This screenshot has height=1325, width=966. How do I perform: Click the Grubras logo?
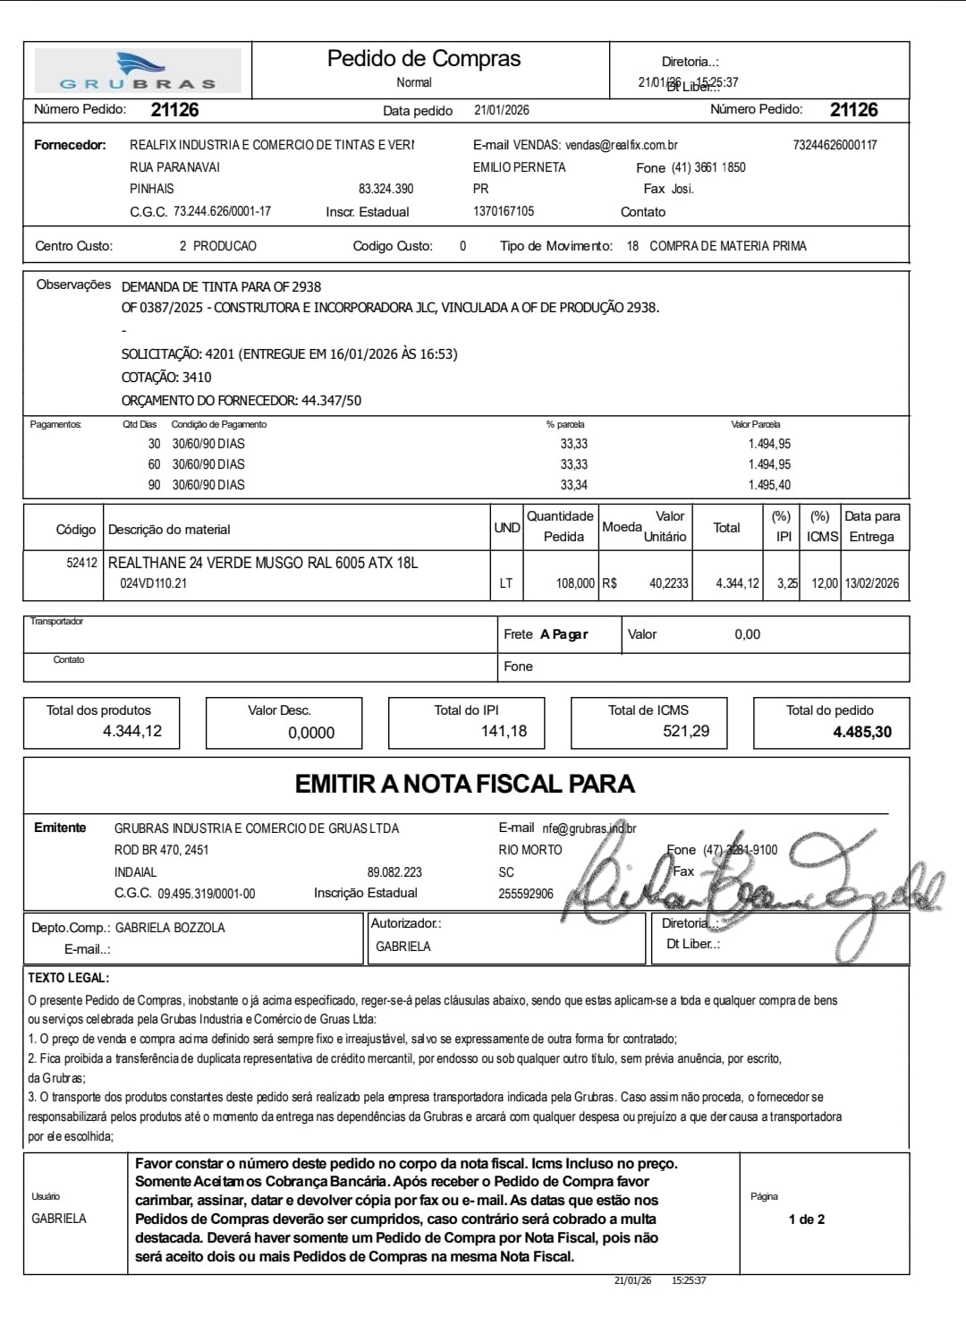[x=138, y=72]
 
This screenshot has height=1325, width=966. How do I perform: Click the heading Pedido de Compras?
[x=423, y=59]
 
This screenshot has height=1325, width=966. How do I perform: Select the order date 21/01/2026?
[x=501, y=110]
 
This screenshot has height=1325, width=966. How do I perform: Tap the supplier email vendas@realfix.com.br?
[x=621, y=145]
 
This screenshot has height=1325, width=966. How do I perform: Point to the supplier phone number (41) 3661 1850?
[x=708, y=167]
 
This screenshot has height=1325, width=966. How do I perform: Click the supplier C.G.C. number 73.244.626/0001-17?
[x=222, y=212]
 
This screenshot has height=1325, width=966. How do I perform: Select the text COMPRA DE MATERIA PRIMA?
[x=727, y=246]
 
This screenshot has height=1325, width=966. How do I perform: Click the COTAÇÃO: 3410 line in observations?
[x=166, y=378]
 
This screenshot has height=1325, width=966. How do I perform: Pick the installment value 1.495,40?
[x=769, y=485]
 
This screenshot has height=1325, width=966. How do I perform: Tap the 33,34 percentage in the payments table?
[x=573, y=485]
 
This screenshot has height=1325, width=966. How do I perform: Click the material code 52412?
[x=81, y=563]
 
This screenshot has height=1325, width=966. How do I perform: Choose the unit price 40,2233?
[x=668, y=583]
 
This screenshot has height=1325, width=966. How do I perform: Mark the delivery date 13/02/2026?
[x=872, y=583]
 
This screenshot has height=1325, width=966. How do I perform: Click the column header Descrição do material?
[x=169, y=530]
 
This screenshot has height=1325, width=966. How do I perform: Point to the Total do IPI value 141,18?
[x=504, y=732]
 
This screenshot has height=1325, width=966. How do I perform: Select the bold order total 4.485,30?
[x=861, y=732]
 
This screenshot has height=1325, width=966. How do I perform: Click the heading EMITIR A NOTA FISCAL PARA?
[x=464, y=784]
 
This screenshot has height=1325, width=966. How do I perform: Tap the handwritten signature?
[x=751, y=886]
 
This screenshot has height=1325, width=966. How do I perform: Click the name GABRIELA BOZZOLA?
[x=170, y=928]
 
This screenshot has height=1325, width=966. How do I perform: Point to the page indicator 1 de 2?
[x=806, y=1219]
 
